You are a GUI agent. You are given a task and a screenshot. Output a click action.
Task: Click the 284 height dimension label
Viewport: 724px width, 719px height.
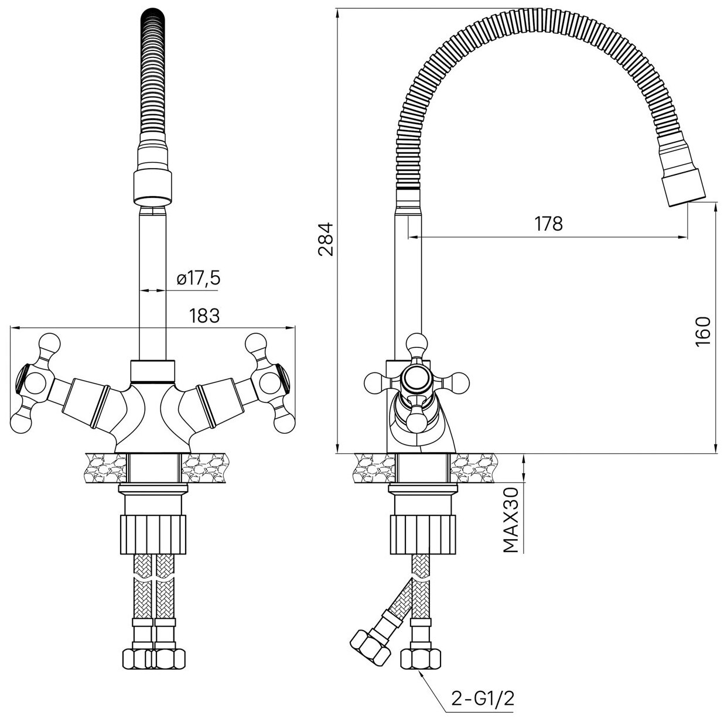click(326, 238)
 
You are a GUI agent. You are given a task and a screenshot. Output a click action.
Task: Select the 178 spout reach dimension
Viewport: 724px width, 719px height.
click(549, 223)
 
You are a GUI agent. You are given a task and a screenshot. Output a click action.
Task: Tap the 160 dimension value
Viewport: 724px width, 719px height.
click(702, 331)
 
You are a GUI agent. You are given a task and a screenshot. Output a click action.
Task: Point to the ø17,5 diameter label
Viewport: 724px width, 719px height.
click(199, 279)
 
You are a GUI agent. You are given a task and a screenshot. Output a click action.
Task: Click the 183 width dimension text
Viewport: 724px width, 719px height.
click(204, 316)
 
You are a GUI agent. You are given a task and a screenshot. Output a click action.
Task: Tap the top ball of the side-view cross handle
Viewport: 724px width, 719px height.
click(417, 342)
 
